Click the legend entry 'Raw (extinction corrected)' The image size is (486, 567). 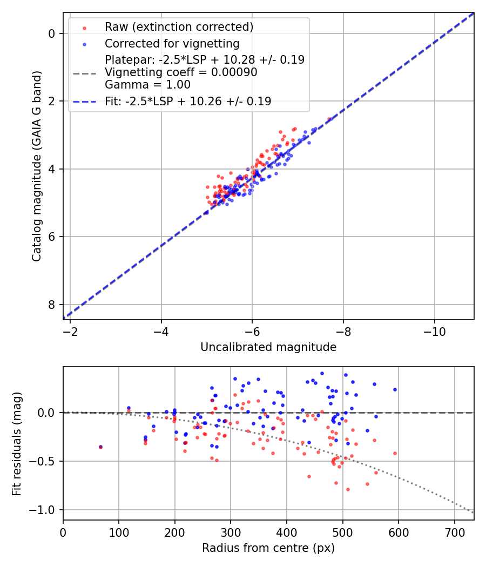click(179, 27)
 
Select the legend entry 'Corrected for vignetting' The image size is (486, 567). click(172, 43)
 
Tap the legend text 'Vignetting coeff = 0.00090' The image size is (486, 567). click(181, 72)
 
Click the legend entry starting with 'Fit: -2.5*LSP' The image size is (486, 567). click(188, 101)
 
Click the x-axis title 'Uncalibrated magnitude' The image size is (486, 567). click(268, 347)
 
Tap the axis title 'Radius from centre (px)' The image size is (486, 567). click(268, 548)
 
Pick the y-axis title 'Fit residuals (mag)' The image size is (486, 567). click(17, 443)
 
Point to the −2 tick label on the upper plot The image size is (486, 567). click(70, 330)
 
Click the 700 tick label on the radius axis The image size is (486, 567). click(454, 531)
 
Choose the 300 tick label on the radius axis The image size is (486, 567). click(231, 531)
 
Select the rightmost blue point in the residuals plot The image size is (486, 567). click(395, 389)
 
